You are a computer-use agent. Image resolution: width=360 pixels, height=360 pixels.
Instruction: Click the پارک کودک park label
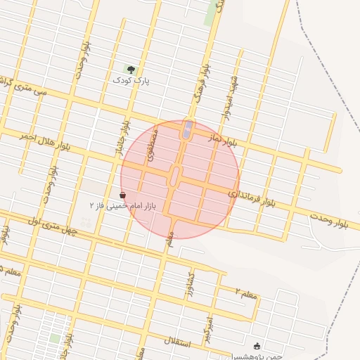tap(131, 81)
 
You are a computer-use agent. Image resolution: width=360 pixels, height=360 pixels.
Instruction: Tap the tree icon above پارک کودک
tap(131, 69)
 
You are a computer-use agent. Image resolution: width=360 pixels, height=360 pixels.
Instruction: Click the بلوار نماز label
tap(224, 141)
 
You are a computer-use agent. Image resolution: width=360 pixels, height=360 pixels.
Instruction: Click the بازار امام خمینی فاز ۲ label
tap(122, 206)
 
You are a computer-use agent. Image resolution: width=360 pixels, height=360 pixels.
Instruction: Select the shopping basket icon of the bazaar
tap(123, 195)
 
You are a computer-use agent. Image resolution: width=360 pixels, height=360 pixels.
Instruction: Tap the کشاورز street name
tap(189, 284)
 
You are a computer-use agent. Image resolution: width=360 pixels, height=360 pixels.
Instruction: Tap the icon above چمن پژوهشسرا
tap(256, 346)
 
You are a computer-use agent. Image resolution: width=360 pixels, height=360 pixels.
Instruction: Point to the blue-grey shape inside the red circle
tap(187, 129)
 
